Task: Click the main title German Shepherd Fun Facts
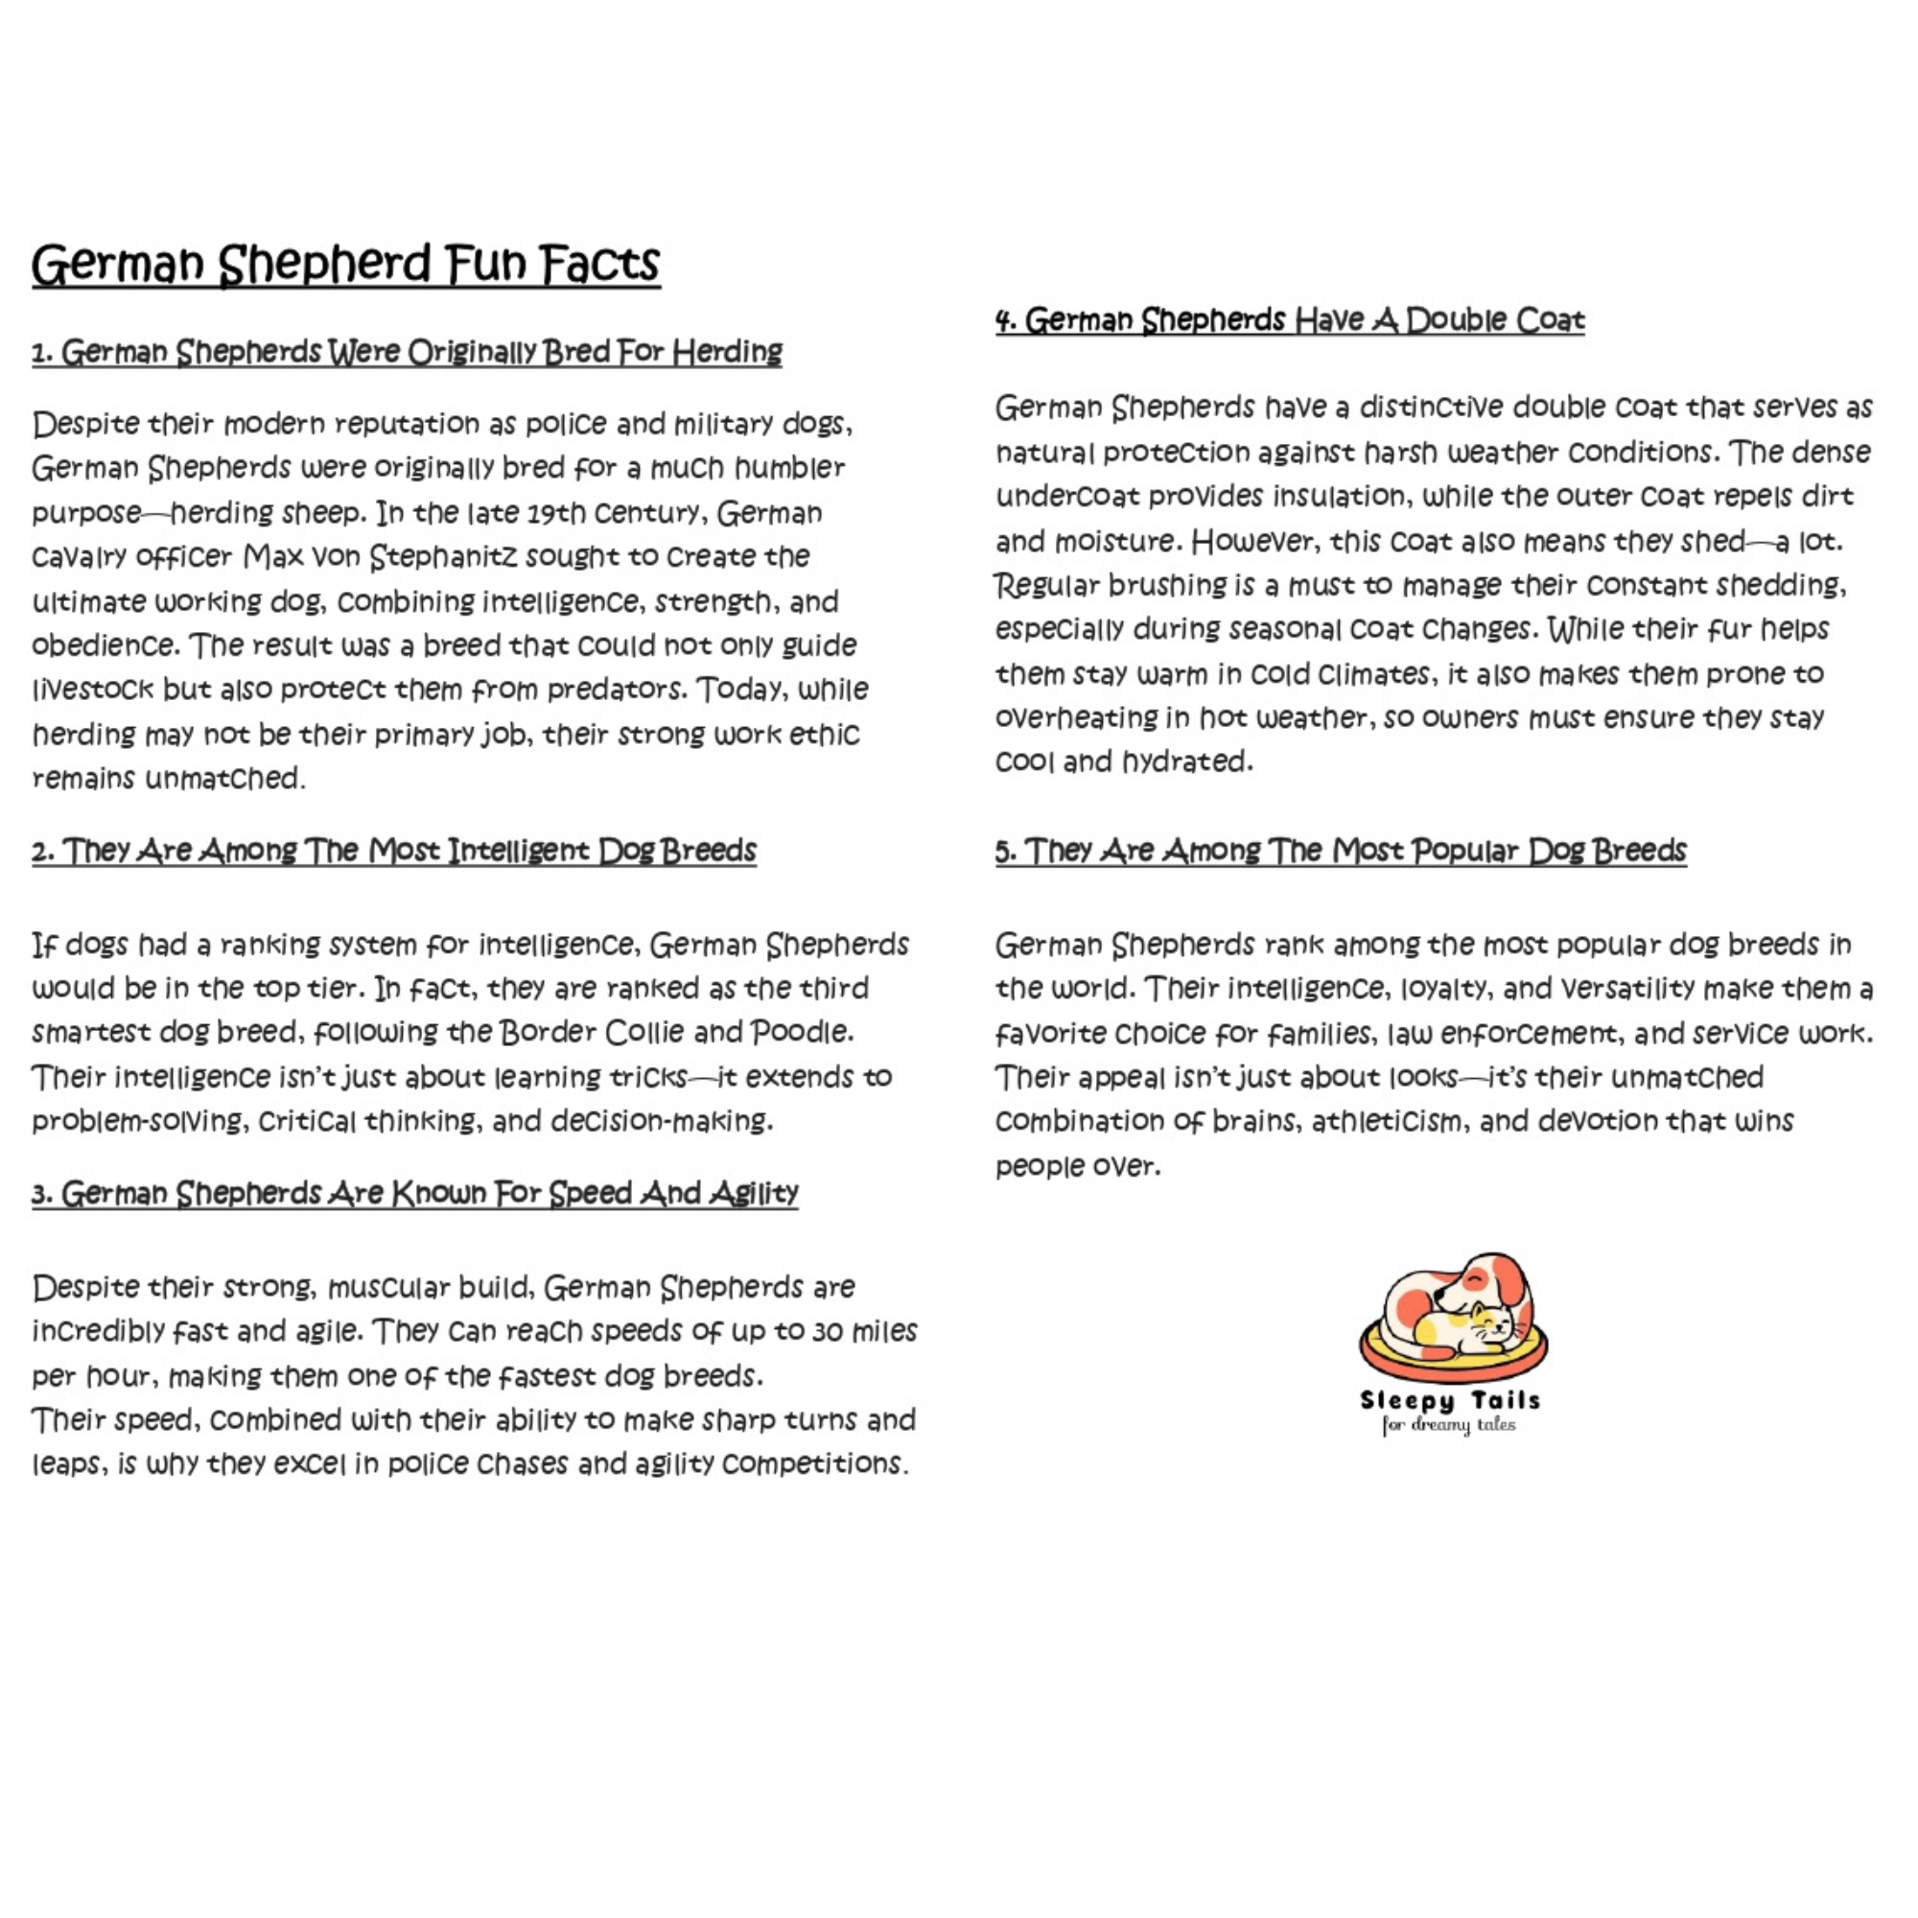345,264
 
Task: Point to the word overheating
1073,717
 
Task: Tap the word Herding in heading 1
727,351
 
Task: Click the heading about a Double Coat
1290,320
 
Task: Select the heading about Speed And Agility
415,1193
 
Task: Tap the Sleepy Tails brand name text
1449,1401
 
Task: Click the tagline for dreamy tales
1448,1426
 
